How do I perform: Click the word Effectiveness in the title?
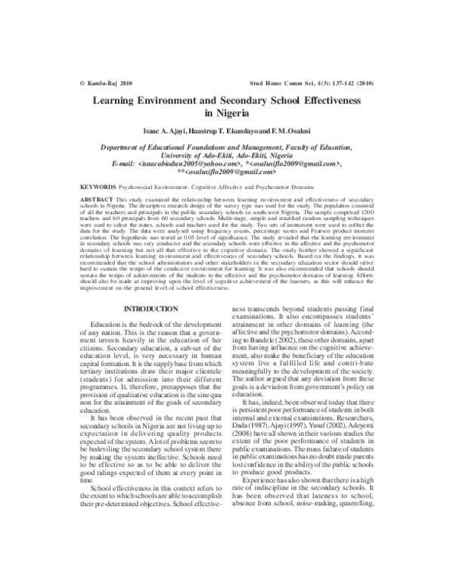coord(325,100)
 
